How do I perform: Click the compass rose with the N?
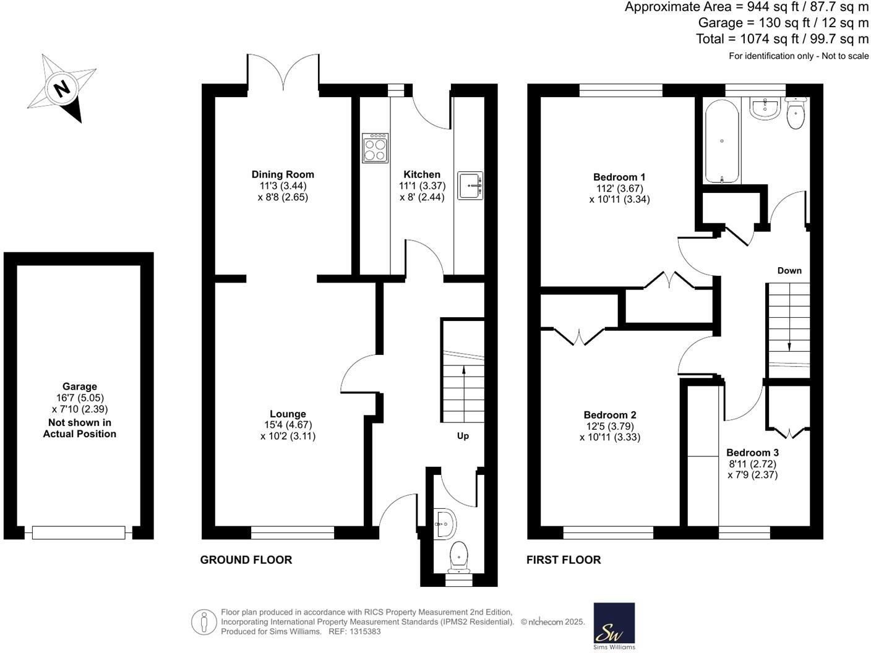point(62,88)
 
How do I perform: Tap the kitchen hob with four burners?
point(375,148)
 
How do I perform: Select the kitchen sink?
point(470,186)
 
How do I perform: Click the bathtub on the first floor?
point(722,141)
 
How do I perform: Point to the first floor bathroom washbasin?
point(766,108)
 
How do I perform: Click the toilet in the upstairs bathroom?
point(796,113)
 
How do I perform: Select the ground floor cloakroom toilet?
point(459,555)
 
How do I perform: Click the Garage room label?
point(79,386)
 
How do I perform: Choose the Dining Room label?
point(283,174)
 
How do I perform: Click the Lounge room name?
point(288,414)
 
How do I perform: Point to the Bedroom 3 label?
point(752,453)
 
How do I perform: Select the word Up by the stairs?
point(463,436)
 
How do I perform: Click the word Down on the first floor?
point(789,270)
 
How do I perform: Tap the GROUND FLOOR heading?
point(246,560)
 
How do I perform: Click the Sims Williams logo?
point(614,626)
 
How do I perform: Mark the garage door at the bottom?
point(79,532)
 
